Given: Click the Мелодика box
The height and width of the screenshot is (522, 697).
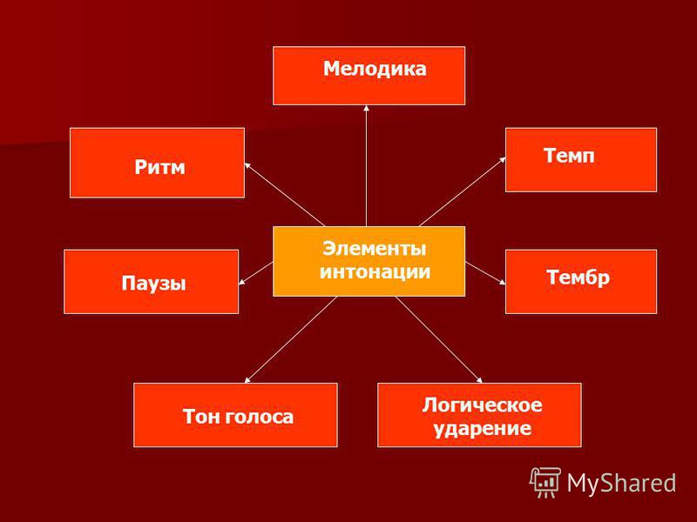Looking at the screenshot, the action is (x=369, y=76).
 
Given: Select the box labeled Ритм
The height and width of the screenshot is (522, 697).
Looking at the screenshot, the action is (x=158, y=163).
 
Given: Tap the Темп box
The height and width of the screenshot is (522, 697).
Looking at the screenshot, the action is (x=581, y=160).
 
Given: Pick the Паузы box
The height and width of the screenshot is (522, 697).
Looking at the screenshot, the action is (x=151, y=281).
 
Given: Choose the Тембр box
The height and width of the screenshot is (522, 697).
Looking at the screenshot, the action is (x=581, y=281).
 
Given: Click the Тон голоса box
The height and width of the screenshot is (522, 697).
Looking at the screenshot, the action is (x=235, y=415).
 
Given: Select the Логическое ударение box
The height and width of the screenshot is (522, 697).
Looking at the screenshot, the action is (x=479, y=415).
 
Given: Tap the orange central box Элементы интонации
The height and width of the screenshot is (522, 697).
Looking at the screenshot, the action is (x=369, y=261).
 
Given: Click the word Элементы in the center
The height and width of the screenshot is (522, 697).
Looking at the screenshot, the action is (x=375, y=249).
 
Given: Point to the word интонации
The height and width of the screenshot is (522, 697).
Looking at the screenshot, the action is (x=376, y=271).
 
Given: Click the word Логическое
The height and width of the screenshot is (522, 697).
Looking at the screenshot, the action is (x=483, y=405).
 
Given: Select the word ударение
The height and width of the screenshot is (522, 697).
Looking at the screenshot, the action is (x=483, y=428).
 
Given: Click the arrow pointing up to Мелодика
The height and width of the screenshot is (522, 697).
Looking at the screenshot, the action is (x=366, y=165).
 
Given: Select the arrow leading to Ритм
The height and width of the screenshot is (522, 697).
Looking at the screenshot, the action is (x=285, y=194).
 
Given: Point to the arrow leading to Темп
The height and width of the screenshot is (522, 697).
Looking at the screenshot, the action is (x=463, y=191).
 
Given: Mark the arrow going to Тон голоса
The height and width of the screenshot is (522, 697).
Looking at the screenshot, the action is (x=291, y=339).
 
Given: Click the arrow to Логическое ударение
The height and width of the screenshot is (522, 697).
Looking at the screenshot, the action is (x=439, y=339).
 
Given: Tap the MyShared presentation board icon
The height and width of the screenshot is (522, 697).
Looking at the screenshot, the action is (x=545, y=482).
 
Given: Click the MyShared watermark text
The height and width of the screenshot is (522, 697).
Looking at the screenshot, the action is (x=621, y=483).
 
